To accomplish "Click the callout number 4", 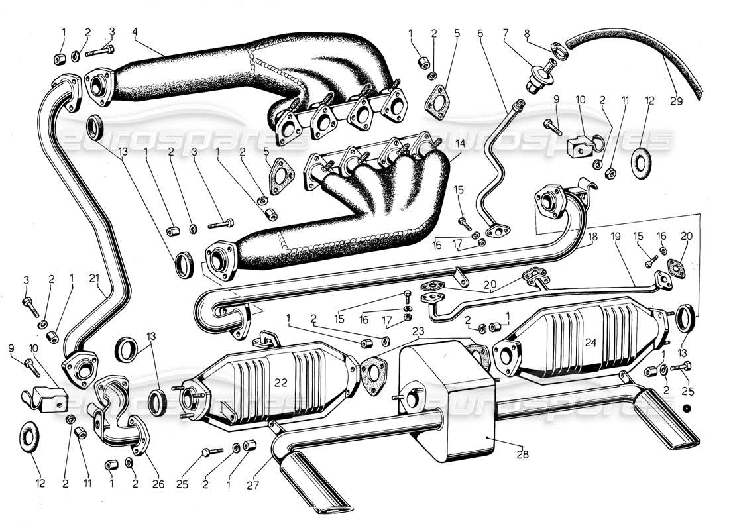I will click(135, 31).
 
